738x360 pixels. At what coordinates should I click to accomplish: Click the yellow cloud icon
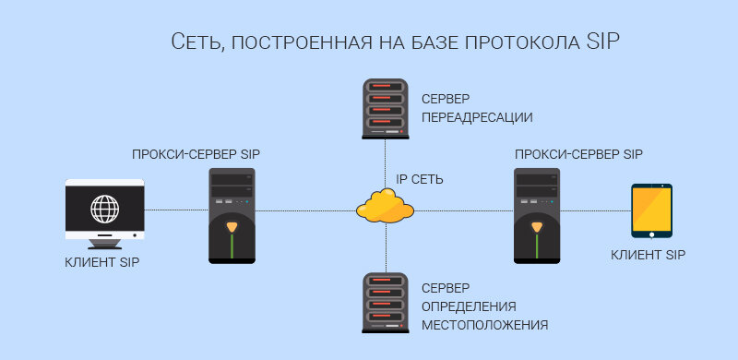(x=385, y=205)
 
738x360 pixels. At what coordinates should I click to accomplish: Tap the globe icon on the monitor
(x=104, y=209)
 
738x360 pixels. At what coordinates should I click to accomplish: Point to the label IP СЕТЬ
(x=420, y=179)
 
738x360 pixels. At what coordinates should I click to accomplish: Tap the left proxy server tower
(x=232, y=215)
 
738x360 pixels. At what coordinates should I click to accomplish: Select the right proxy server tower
(x=538, y=215)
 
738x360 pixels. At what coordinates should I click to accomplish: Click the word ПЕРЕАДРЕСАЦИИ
(x=477, y=117)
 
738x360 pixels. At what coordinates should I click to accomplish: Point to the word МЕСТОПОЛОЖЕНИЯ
(x=484, y=325)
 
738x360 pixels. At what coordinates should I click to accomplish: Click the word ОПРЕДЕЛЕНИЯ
(x=469, y=306)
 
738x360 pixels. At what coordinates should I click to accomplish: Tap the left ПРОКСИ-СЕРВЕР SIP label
(x=203, y=154)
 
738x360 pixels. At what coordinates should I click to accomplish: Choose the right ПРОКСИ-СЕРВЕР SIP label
(x=578, y=154)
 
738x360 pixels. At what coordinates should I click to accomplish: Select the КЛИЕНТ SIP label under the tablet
(x=649, y=254)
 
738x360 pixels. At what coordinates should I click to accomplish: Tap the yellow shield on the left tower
(x=232, y=228)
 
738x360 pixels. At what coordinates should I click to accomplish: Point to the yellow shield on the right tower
(x=538, y=228)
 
